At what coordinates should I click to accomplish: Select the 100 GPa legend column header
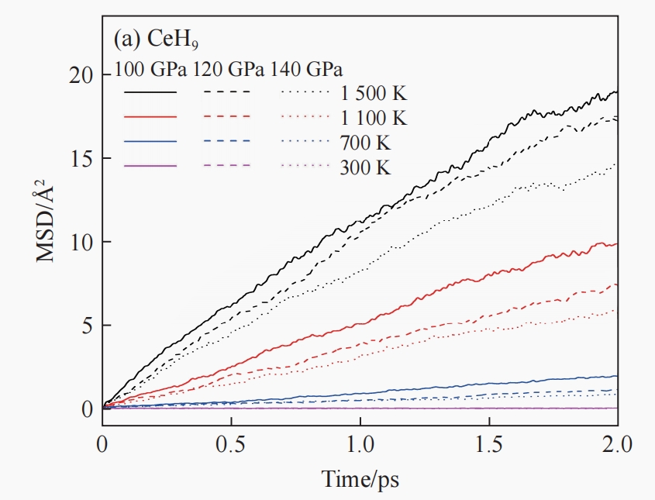[x=151, y=68]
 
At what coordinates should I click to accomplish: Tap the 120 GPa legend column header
[x=229, y=68]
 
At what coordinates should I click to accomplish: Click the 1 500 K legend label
[x=373, y=95]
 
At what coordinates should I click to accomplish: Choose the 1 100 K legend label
[x=373, y=119]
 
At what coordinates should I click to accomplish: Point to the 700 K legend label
[x=365, y=143]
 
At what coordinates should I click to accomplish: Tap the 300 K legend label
[x=365, y=167]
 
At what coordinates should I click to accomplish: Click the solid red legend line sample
[x=151, y=116]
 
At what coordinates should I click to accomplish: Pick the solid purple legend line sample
[x=151, y=165]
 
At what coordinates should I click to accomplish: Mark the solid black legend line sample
[x=151, y=91]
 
